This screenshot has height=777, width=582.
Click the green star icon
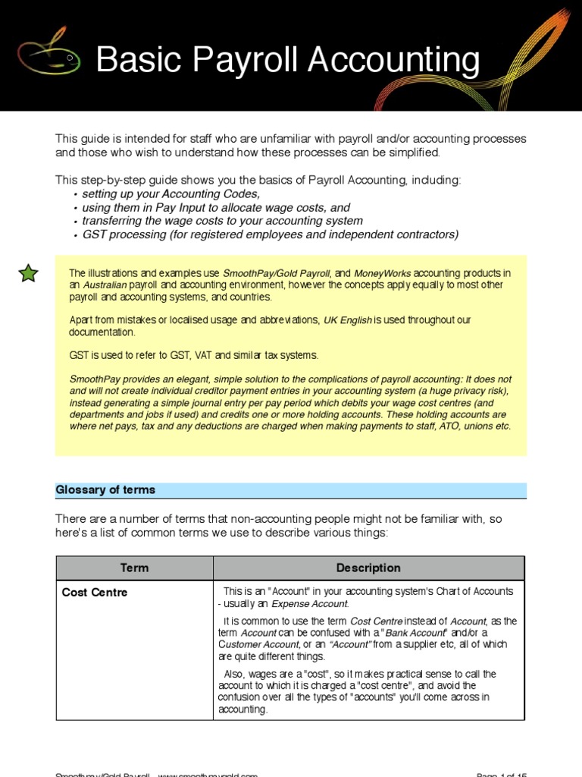point(28,273)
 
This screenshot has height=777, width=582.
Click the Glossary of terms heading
point(105,490)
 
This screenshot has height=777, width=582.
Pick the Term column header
point(134,568)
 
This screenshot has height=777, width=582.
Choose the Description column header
point(368,568)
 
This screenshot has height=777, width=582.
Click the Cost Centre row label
point(95,592)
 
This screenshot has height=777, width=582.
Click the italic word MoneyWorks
point(382,273)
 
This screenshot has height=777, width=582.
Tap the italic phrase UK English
point(347,320)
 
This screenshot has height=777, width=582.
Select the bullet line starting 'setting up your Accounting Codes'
point(171,194)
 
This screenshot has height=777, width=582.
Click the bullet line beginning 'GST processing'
point(270,234)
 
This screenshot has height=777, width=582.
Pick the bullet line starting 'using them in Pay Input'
point(215,208)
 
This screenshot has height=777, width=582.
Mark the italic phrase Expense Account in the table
point(310,604)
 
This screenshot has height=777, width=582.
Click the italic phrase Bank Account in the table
point(416,633)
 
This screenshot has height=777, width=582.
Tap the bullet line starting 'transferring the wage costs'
point(222,221)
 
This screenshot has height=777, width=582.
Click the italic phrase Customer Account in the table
point(257,645)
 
